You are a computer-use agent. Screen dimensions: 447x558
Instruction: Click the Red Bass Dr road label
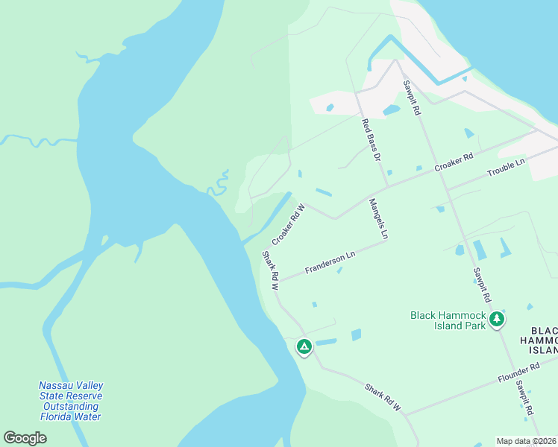(371, 141)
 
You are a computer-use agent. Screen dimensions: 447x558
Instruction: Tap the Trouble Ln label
(506, 168)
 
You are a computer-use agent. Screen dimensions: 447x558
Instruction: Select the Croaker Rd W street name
(289, 225)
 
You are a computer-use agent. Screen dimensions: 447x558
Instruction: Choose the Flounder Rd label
(518, 374)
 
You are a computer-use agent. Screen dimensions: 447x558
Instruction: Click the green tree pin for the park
(497, 320)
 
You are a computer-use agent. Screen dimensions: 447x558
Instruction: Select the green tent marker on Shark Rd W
(304, 346)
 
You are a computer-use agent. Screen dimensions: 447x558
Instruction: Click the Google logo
(25, 438)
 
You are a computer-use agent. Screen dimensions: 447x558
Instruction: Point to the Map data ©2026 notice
(526, 441)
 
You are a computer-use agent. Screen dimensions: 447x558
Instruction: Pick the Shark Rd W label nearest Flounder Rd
(383, 398)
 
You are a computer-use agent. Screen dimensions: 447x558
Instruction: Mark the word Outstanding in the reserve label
(71, 406)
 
